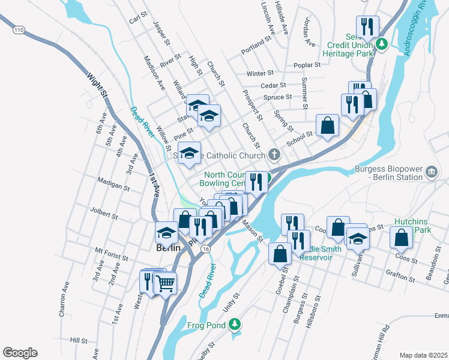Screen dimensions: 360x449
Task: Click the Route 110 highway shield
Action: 19,30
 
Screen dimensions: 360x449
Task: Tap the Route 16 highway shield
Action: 206,248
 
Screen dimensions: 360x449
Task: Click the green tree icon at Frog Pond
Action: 236,325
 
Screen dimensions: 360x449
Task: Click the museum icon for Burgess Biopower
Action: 431,173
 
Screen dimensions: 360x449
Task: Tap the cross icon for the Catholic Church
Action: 274,155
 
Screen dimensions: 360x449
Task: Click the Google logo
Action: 20,353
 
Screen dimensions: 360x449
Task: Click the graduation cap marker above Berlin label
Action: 166,232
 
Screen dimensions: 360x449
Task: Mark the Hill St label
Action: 79,340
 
